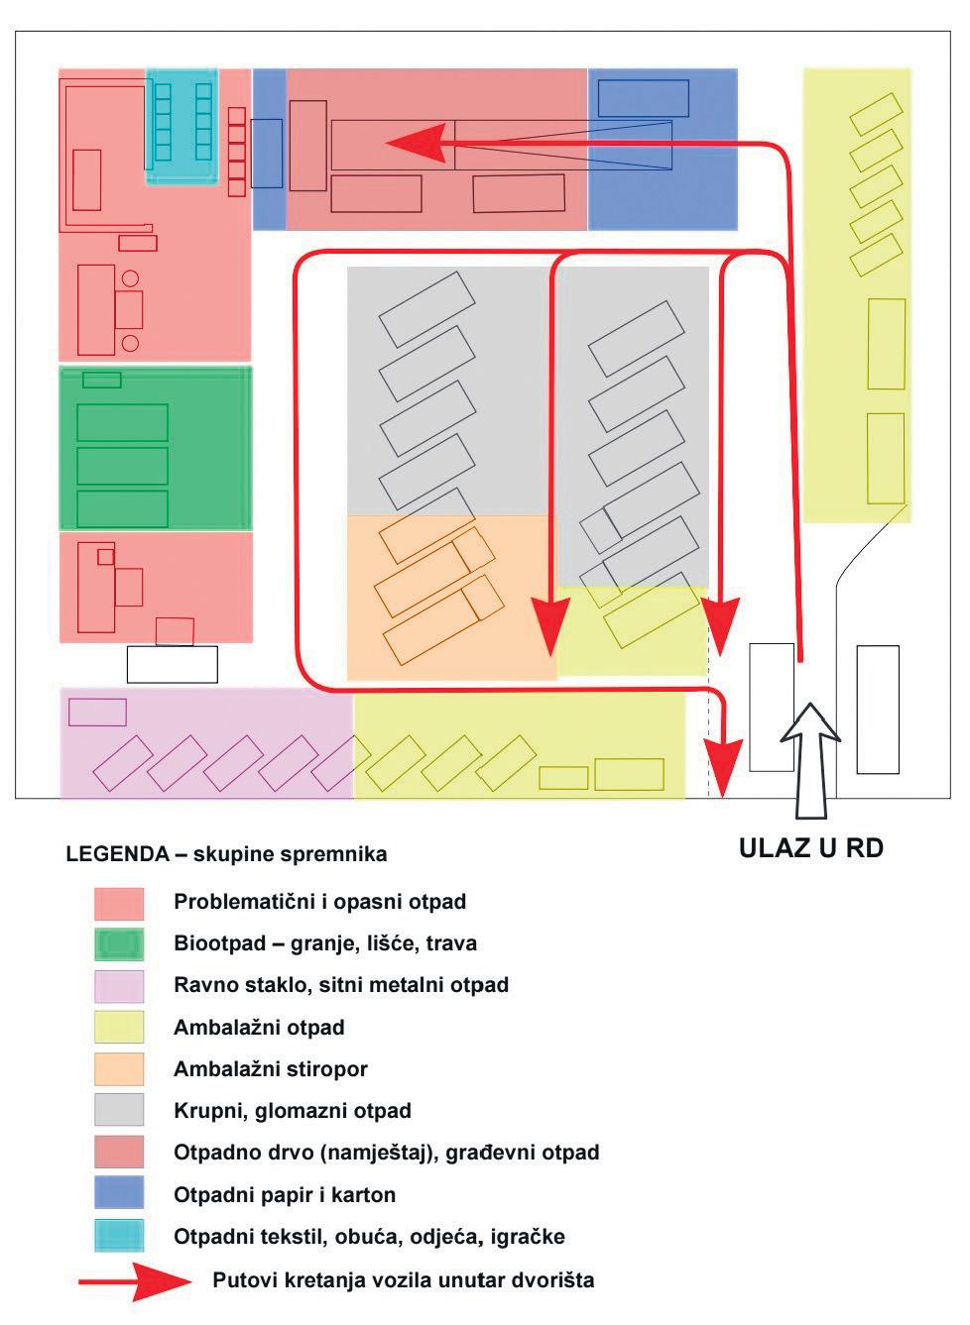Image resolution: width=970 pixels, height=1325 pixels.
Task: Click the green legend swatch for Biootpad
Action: coord(119,943)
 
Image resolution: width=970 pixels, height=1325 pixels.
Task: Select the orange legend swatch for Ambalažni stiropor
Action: coord(119,1068)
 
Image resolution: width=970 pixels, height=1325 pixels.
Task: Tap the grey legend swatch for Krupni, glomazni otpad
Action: coord(119,1110)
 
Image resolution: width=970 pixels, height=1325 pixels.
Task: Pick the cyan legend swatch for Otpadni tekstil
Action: coord(119,1236)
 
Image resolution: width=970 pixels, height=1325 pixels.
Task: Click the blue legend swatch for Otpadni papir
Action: coord(119,1193)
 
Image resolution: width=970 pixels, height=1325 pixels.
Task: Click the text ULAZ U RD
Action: coord(810,848)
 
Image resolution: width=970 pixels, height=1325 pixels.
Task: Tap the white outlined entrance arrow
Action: coord(810,758)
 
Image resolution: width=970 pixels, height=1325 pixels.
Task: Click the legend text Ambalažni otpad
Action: coord(259,1028)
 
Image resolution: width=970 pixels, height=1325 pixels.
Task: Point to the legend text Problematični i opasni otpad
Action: coord(319,902)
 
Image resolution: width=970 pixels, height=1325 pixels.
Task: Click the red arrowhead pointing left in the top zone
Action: coord(417,143)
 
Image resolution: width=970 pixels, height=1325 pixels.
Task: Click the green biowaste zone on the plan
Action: coord(156,448)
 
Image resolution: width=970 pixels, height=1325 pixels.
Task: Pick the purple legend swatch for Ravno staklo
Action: coord(119,985)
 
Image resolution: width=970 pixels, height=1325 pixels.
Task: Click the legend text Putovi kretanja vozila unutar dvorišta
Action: coord(404,1279)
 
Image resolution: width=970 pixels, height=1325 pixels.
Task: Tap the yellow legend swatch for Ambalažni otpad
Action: coord(119,1027)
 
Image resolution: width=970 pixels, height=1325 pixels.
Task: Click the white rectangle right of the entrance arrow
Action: coord(878,709)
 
